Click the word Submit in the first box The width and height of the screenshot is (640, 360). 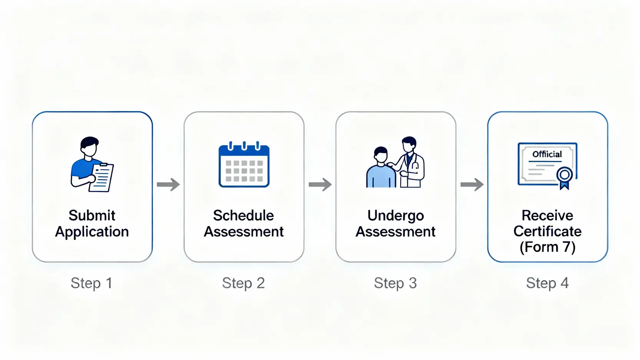pos(92,216)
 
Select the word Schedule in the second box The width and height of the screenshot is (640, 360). pos(244,216)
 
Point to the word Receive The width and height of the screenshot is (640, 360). pos(547,216)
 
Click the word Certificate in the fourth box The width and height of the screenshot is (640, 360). pos(547,231)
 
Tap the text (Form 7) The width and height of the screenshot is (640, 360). pos(547,247)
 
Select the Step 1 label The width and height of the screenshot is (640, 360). pos(91,284)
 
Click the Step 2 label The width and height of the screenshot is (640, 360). pos(244,284)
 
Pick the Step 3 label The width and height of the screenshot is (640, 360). pos(395,284)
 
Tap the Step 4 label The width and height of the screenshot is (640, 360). pos(547,284)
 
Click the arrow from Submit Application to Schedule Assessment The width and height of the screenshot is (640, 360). pos(168,184)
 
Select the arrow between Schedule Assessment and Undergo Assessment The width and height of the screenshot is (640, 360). pos(320,184)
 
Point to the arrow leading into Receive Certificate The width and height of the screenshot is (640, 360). pos(472,184)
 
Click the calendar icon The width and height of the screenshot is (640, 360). pos(244,164)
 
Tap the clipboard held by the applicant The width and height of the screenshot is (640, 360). pos(101,178)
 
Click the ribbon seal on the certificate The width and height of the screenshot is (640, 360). pos(564,178)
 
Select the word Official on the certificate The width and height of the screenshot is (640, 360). pos(547,154)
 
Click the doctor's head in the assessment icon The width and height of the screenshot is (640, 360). pos(409,144)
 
